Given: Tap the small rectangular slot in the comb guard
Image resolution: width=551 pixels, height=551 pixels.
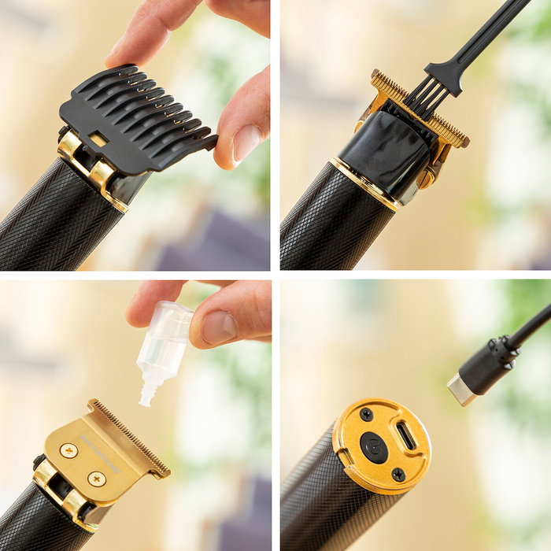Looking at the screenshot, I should point(98,139).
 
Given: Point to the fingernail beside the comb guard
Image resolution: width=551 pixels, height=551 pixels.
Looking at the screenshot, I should point(246,142).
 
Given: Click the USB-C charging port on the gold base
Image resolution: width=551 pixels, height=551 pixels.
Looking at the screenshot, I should point(407,435).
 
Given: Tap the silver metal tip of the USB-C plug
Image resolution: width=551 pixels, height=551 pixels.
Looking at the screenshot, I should point(461,390).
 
